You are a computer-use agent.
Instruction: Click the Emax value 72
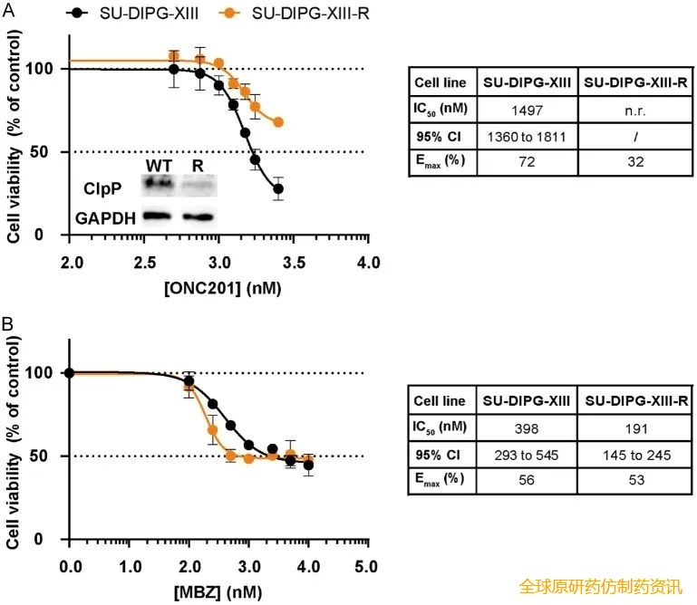[525, 165]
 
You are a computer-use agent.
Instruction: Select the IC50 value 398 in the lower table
[525, 426]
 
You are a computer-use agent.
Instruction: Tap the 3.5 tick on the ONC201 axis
[293, 263]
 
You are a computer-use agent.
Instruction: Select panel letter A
[7, 8]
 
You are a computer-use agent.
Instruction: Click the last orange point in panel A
[278, 122]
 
